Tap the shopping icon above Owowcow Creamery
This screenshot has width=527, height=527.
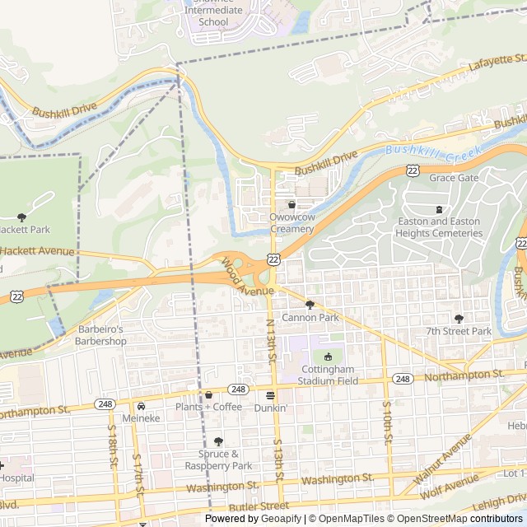[x=291, y=204]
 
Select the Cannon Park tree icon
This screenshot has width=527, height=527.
[x=310, y=304]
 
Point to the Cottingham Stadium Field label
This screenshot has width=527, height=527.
[x=328, y=375]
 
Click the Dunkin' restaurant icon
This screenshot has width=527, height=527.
[x=270, y=395]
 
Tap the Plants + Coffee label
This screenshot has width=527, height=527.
[x=208, y=407]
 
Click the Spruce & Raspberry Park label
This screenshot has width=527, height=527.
[x=218, y=459]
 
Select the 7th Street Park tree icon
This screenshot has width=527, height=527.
[x=459, y=319]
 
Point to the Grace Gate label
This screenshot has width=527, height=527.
[x=453, y=178]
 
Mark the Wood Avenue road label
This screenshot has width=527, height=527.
[x=246, y=277]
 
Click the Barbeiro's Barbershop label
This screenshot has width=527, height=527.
[x=101, y=335]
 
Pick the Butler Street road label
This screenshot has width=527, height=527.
[x=260, y=506]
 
